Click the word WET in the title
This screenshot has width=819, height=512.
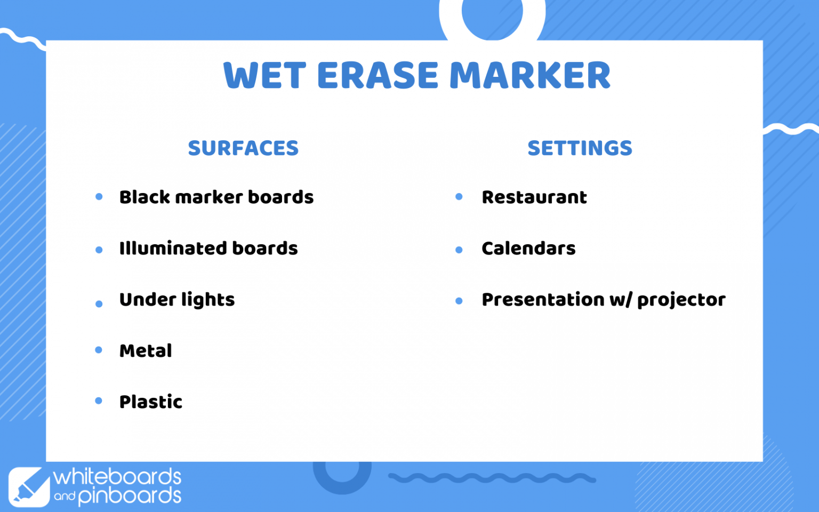264,75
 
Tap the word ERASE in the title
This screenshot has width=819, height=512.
378,75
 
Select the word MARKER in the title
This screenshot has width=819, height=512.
530,75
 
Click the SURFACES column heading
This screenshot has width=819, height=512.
243,148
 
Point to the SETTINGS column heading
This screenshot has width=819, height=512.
580,148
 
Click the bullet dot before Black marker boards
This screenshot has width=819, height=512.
99,197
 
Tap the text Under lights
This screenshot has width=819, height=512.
177,300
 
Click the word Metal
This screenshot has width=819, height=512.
146,350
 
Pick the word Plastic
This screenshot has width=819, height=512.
151,402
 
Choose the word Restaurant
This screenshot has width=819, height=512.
534,197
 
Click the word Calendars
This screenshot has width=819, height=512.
529,249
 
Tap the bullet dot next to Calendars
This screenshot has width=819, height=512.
459,250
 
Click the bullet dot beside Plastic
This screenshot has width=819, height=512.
98,401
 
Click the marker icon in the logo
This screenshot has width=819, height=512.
29,487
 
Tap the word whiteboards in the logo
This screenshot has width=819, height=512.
117,477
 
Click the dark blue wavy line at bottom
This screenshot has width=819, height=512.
492,478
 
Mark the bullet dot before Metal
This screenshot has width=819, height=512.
98,350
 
